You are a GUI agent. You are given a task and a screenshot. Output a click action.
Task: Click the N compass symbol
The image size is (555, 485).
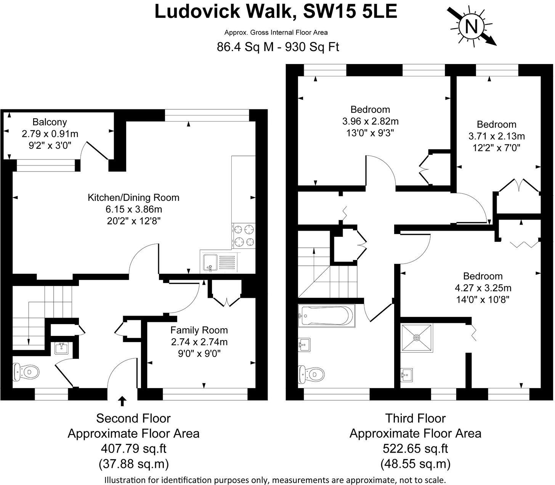pyautogui.click(x=472, y=27)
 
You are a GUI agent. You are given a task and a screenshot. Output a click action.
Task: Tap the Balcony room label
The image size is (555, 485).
pyautogui.click(x=50, y=122)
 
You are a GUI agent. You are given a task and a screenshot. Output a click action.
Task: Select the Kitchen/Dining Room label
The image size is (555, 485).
pyautogui.click(x=133, y=198)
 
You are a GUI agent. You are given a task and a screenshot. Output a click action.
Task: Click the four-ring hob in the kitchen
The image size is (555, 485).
pyautogui.click(x=244, y=236)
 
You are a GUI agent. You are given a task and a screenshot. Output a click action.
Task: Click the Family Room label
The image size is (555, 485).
pyautogui.click(x=199, y=330)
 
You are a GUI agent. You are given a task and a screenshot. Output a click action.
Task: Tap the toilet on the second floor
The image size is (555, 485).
pyautogui.click(x=26, y=372)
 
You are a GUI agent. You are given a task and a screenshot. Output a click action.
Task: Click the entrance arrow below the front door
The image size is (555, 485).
pyautogui.click(x=122, y=401)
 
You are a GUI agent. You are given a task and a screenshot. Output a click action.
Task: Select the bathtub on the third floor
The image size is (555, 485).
pyautogui.click(x=327, y=316)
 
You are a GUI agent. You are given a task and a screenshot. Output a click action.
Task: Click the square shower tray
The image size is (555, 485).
pyautogui.click(x=417, y=337)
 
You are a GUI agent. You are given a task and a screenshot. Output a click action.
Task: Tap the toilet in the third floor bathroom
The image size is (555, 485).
pyautogui.click(x=311, y=374)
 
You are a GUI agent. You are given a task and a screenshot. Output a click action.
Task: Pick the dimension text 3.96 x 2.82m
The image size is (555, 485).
pyautogui.click(x=370, y=121)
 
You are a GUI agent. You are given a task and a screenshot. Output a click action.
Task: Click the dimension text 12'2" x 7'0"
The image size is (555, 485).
pyautogui.click(x=496, y=148)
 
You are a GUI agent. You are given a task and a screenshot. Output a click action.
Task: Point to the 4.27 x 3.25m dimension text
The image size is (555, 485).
pyautogui.click(x=483, y=288)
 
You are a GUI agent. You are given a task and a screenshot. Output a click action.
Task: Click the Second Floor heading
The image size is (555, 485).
pyautogui.click(x=133, y=418)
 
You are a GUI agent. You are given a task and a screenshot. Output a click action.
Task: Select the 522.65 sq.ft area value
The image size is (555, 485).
pyautogui.click(x=415, y=449)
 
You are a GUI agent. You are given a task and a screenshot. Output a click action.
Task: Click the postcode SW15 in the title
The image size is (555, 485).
pyautogui.click(x=329, y=12)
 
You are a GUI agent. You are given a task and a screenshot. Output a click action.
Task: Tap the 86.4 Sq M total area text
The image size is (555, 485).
pyautogui.click(x=245, y=47)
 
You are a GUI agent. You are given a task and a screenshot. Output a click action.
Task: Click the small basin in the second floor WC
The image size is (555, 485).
pyautogui.click(x=61, y=348)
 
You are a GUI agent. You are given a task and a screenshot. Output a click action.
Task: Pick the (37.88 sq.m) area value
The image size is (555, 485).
pyautogui.click(x=133, y=464)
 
